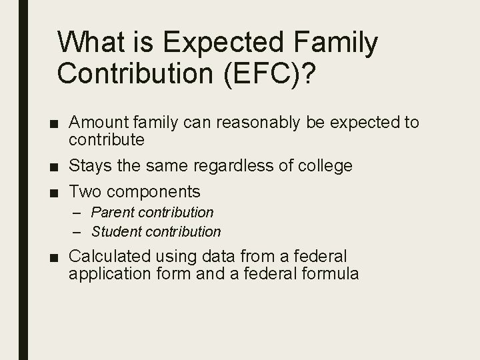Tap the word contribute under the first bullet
[x=107, y=139]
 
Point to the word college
[x=325, y=165]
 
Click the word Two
[x=85, y=192]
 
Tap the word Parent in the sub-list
[x=112, y=213]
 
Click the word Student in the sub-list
[x=116, y=232]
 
